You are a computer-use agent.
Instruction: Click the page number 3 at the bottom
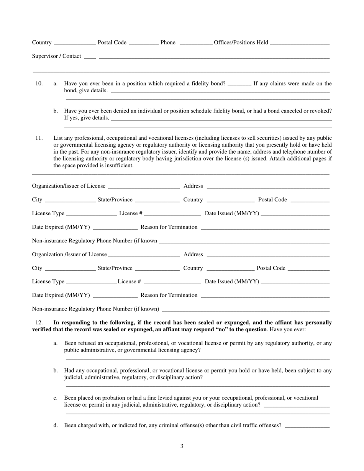point(182,446)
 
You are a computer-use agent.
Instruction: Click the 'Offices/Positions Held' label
point(241,43)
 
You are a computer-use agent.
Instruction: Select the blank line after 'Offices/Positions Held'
point(300,44)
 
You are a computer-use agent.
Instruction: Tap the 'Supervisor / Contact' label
point(56,56)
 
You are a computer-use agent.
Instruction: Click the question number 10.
point(39,83)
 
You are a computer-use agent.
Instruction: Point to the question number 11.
point(39,138)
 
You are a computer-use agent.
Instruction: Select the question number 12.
point(39,322)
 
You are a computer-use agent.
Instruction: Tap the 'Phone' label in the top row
point(168,43)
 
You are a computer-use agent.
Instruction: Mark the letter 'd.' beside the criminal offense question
point(56,425)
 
